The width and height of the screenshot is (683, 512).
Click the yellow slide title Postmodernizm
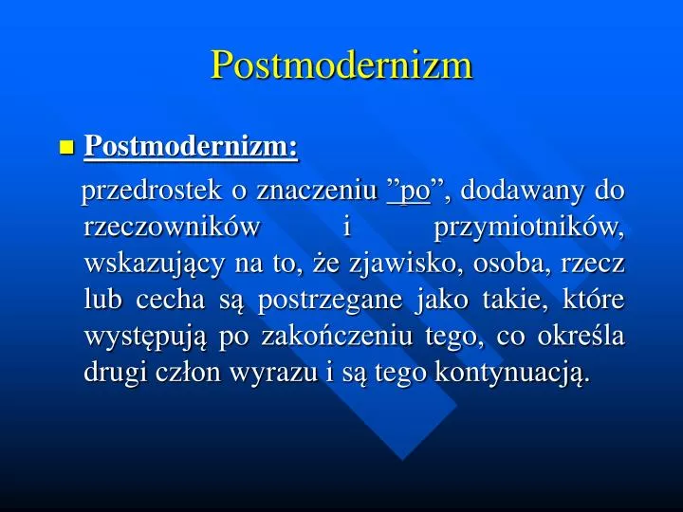(341, 64)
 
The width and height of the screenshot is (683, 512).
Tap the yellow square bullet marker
(65, 147)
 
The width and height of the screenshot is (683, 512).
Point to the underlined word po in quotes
(410, 192)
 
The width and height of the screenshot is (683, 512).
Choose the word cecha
(167, 300)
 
